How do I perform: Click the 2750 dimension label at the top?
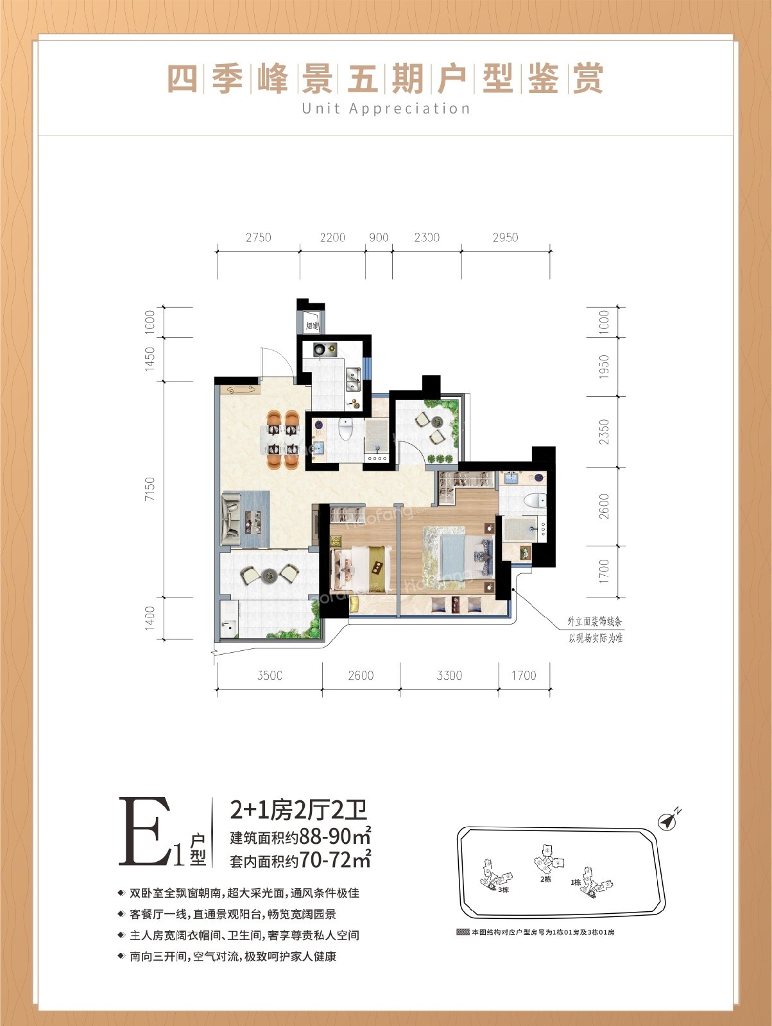(258, 238)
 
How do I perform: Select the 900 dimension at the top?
(379, 238)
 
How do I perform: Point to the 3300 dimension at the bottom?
(449, 675)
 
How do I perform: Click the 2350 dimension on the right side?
(604, 432)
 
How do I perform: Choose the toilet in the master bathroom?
(531, 500)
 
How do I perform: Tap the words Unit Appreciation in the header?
(386, 108)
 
